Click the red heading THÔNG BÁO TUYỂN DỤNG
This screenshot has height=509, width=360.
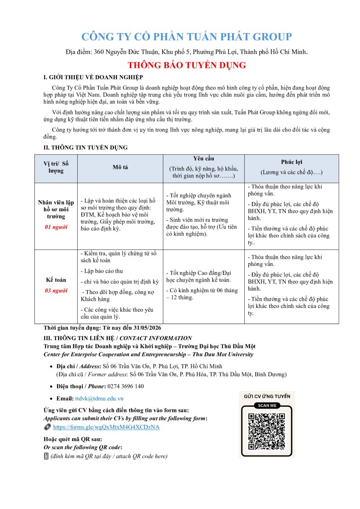coord(187,65)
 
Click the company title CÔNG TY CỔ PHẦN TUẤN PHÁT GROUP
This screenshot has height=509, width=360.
coord(187,37)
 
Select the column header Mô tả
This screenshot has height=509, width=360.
coord(120,167)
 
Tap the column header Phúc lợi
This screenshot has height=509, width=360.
coord(291,162)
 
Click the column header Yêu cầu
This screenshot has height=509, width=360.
coord(204,159)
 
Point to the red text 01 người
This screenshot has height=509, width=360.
coord(56,227)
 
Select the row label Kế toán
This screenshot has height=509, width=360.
coord(56,280)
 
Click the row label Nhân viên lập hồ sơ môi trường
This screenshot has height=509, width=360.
coord(56,209)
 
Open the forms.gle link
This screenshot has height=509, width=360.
coord(106,427)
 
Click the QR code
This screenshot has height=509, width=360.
coord(266,431)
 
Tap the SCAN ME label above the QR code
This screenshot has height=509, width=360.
coord(267,406)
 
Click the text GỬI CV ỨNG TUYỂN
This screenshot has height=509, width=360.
coord(267,396)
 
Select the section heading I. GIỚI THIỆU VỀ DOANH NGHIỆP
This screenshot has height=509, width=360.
coord(93,77)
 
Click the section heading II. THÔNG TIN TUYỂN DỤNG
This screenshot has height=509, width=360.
coord(86,148)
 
